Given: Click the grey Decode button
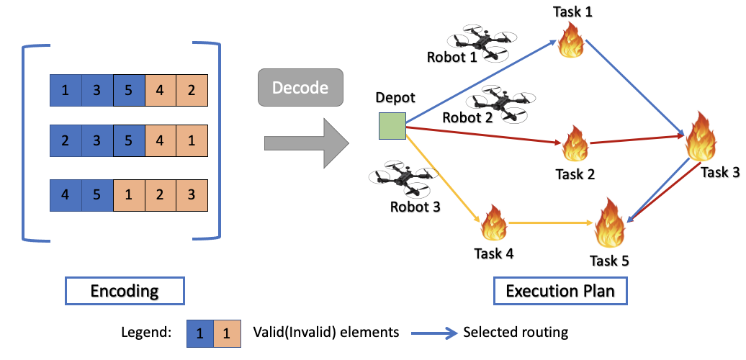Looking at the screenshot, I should point(300,89).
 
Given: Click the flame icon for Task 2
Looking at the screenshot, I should point(575,145).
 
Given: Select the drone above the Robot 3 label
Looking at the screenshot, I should point(403,180).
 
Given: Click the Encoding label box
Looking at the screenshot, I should point(125,291).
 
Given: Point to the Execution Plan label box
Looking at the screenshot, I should point(559,291).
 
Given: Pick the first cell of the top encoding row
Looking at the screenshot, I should point(66,91).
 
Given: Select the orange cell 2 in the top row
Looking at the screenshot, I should point(192,91).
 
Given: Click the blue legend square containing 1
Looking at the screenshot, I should point(201,333).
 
